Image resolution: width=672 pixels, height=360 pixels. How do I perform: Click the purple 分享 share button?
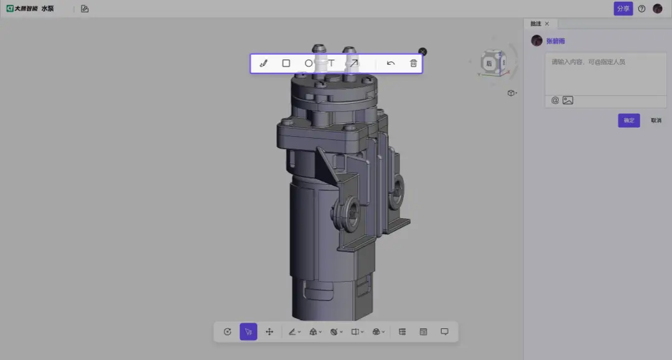coord(623,9)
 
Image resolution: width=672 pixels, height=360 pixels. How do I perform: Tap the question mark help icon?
coord(642,9)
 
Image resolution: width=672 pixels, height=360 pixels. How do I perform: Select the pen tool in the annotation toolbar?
coord(263,63)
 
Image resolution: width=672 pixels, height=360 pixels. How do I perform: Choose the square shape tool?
coord(286,63)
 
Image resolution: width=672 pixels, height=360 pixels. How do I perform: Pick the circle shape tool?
coord(309,63)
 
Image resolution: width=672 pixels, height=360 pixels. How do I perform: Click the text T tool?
coord(331,63)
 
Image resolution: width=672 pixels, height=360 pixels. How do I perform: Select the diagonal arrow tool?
coord(353,63)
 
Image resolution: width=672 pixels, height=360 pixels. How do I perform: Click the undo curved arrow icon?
coord(391,63)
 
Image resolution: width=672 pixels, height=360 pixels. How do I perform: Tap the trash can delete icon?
coord(414,63)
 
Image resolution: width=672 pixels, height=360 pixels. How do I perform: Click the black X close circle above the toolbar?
coord(422,52)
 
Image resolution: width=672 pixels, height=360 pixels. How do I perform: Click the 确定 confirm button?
coord(628,121)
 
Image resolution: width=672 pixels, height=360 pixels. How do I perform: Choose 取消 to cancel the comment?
coord(656,121)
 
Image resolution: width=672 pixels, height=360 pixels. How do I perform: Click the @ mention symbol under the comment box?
coord(555,100)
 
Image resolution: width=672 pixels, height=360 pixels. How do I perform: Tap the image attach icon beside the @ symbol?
coord(567,100)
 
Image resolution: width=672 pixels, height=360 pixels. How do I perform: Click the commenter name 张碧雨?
coord(556,41)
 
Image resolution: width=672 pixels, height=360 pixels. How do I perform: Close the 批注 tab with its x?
coord(547,24)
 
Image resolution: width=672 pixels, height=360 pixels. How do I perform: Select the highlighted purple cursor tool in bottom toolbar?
coord(248,332)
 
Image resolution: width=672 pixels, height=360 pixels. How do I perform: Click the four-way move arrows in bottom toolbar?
coord(269,332)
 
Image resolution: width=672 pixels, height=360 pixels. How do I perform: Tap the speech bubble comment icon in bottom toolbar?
coord(444,332)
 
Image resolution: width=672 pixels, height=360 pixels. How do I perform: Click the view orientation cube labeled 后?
coord(490,63)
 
